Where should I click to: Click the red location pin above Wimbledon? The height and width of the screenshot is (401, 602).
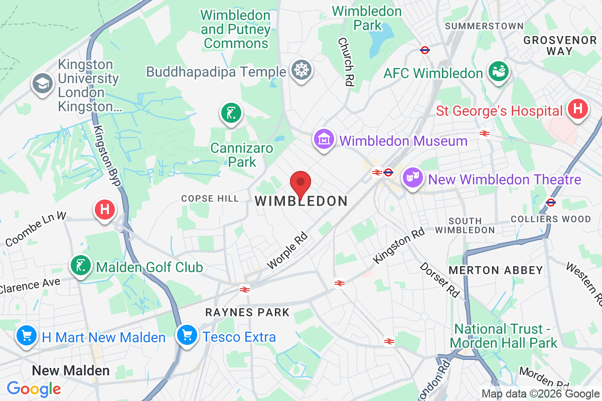tap(300, 183)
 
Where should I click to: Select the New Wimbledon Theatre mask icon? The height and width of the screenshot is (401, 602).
tap(412, 178)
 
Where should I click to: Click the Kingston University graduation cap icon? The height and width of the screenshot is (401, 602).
tap(43, 84)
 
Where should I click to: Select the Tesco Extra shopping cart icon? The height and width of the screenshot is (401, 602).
tap(188, 335)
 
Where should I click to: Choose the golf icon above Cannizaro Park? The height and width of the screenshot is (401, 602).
tap(231, 113)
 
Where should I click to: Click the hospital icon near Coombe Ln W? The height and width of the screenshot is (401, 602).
tap(104, 209)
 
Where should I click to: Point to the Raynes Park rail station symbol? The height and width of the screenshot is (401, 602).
tap(245, 289)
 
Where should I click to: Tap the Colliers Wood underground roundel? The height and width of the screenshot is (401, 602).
tap(550, 203)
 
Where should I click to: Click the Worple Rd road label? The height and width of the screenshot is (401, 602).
tap(287, 251)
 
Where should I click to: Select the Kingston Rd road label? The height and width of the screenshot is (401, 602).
tap(399, 246)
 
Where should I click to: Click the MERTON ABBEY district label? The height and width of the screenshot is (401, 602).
tap(496, 270)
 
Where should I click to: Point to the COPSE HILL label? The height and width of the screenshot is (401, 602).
tap(210, 199)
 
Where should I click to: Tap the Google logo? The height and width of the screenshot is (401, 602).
tap(34, 388)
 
